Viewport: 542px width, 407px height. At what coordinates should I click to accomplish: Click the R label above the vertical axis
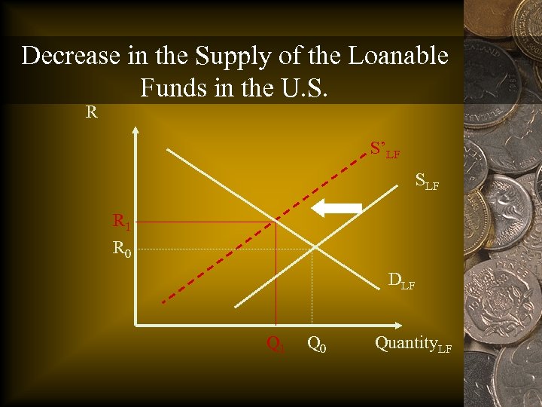[x=91, y=113]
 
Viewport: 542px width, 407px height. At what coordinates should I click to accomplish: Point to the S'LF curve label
[x=384, y=149]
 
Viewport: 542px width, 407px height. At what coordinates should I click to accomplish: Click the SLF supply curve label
[x=427, y=182]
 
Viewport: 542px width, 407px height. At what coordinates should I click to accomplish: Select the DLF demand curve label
[x=401, y=281]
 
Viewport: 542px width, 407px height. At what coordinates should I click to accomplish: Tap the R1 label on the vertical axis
[x=121, y=222]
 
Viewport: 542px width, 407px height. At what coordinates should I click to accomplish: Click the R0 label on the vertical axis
[x=122, y=248]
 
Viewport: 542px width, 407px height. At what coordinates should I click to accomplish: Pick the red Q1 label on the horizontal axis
[x=276, y=344]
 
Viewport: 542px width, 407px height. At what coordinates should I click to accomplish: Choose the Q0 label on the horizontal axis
[x=317, y=344]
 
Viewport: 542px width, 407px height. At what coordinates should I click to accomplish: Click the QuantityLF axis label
[x=413, y=344]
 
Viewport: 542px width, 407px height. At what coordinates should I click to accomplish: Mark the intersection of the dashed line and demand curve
[x=276, y=222]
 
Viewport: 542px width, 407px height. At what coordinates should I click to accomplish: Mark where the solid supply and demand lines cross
[x=313, y=249]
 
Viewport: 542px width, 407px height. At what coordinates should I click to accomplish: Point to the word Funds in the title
[x=172, y=88]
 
